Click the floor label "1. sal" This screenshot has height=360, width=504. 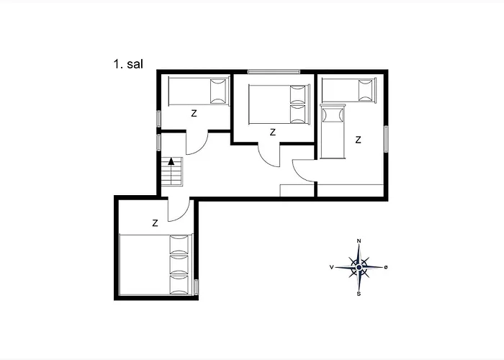click(x=128, y=64)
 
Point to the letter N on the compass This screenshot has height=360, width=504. click(x=359, y=241)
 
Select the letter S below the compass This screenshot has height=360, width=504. click(x=359, y=294)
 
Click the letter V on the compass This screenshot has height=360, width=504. click(x=331, y=267)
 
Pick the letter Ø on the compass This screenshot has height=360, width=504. click(x=386, y=267)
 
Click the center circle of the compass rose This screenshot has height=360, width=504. click(x=359, y=267)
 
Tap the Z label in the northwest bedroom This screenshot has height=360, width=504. click(x=194, y=114)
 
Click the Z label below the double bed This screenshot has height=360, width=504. click(x=273, y=132)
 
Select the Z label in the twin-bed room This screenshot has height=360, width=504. click(x=358, y=140)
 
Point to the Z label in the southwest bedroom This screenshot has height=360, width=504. click(x=155, y=223)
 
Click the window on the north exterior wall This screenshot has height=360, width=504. click(x=274, y=72)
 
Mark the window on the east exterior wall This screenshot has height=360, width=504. click(x=386, y=139)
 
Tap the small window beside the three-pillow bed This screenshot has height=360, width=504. click(x=196, y=287)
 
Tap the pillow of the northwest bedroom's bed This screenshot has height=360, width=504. click(x=218, y=91)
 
